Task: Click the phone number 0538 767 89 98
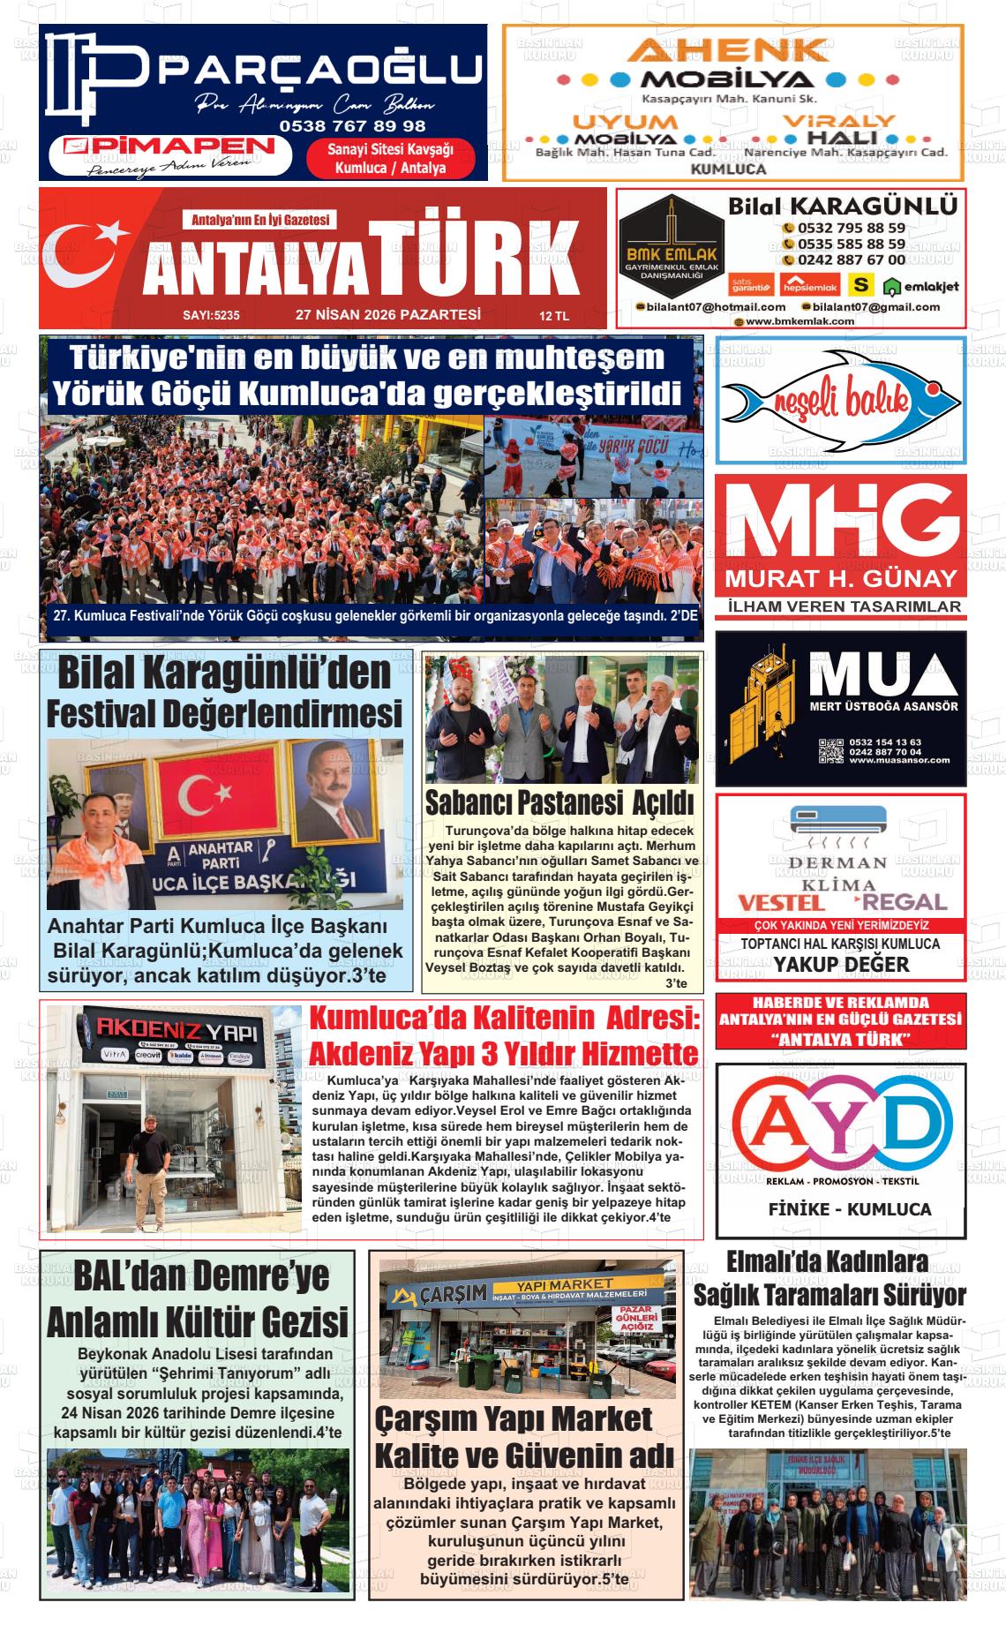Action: coord(352,126)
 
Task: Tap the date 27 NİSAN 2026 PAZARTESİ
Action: coord(387,314)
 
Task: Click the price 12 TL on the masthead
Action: coord(554,316)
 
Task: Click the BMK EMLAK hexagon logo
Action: coord(671,238)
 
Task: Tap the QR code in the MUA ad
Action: coord(830,749)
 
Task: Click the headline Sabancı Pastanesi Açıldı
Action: coord(559,802)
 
